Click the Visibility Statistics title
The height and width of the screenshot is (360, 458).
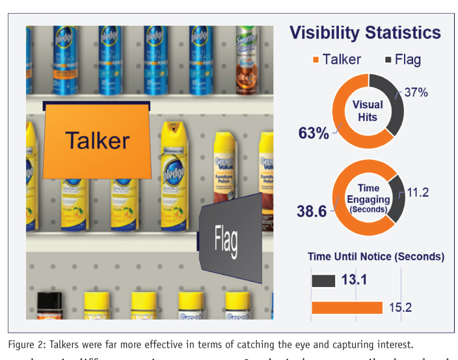[364, 33]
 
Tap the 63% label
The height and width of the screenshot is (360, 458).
[312, 133]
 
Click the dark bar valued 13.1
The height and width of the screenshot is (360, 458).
[323, 281]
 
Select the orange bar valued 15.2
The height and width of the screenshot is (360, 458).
[347, 307]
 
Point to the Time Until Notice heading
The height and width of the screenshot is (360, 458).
[376, 256]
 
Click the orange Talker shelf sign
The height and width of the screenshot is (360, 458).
[96, 141]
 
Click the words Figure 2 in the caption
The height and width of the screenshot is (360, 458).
[26, 344]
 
